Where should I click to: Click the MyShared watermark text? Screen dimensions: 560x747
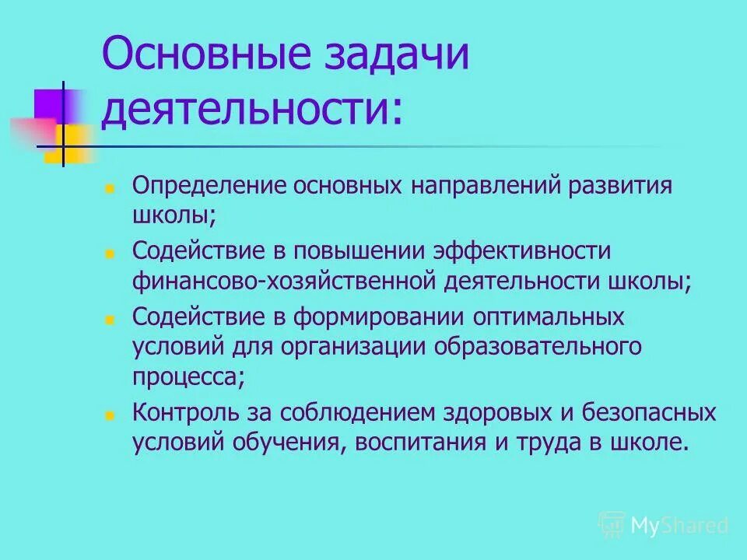[679, 525]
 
